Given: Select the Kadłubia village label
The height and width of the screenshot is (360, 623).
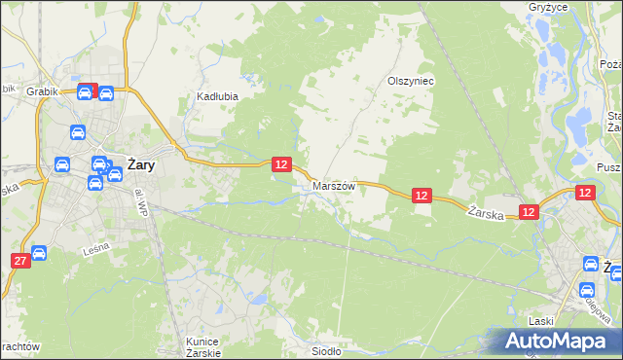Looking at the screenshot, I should coord(217,96).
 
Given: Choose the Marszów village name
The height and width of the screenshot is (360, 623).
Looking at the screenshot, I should coord(334,185).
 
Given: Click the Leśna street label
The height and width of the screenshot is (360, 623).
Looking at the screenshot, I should coord(94,249).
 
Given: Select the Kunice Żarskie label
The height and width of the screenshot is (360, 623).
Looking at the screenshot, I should coord(203,346).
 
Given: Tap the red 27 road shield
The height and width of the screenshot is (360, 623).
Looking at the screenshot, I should coord(19,260).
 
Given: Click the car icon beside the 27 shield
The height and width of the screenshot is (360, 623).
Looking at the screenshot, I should coord(39,254).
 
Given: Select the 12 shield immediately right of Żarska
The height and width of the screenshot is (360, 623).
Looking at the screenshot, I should coord(528,211).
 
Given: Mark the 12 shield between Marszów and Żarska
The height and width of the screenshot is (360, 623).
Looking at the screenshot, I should coord(421,196).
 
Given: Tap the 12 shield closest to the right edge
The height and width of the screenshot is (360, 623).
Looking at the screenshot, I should coord(585,194).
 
